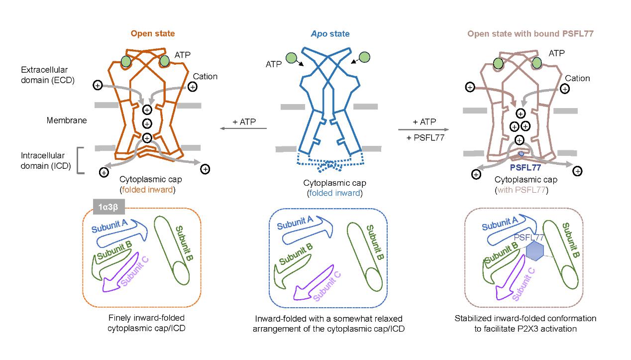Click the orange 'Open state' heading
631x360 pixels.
[x=153, y=34]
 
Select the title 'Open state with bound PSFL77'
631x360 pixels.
[x=523, y=34]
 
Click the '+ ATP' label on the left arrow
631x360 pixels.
[x=245, y=122]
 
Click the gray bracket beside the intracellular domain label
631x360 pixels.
[x=80, y=160]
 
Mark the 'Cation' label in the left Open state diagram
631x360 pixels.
[x=205, y=77]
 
